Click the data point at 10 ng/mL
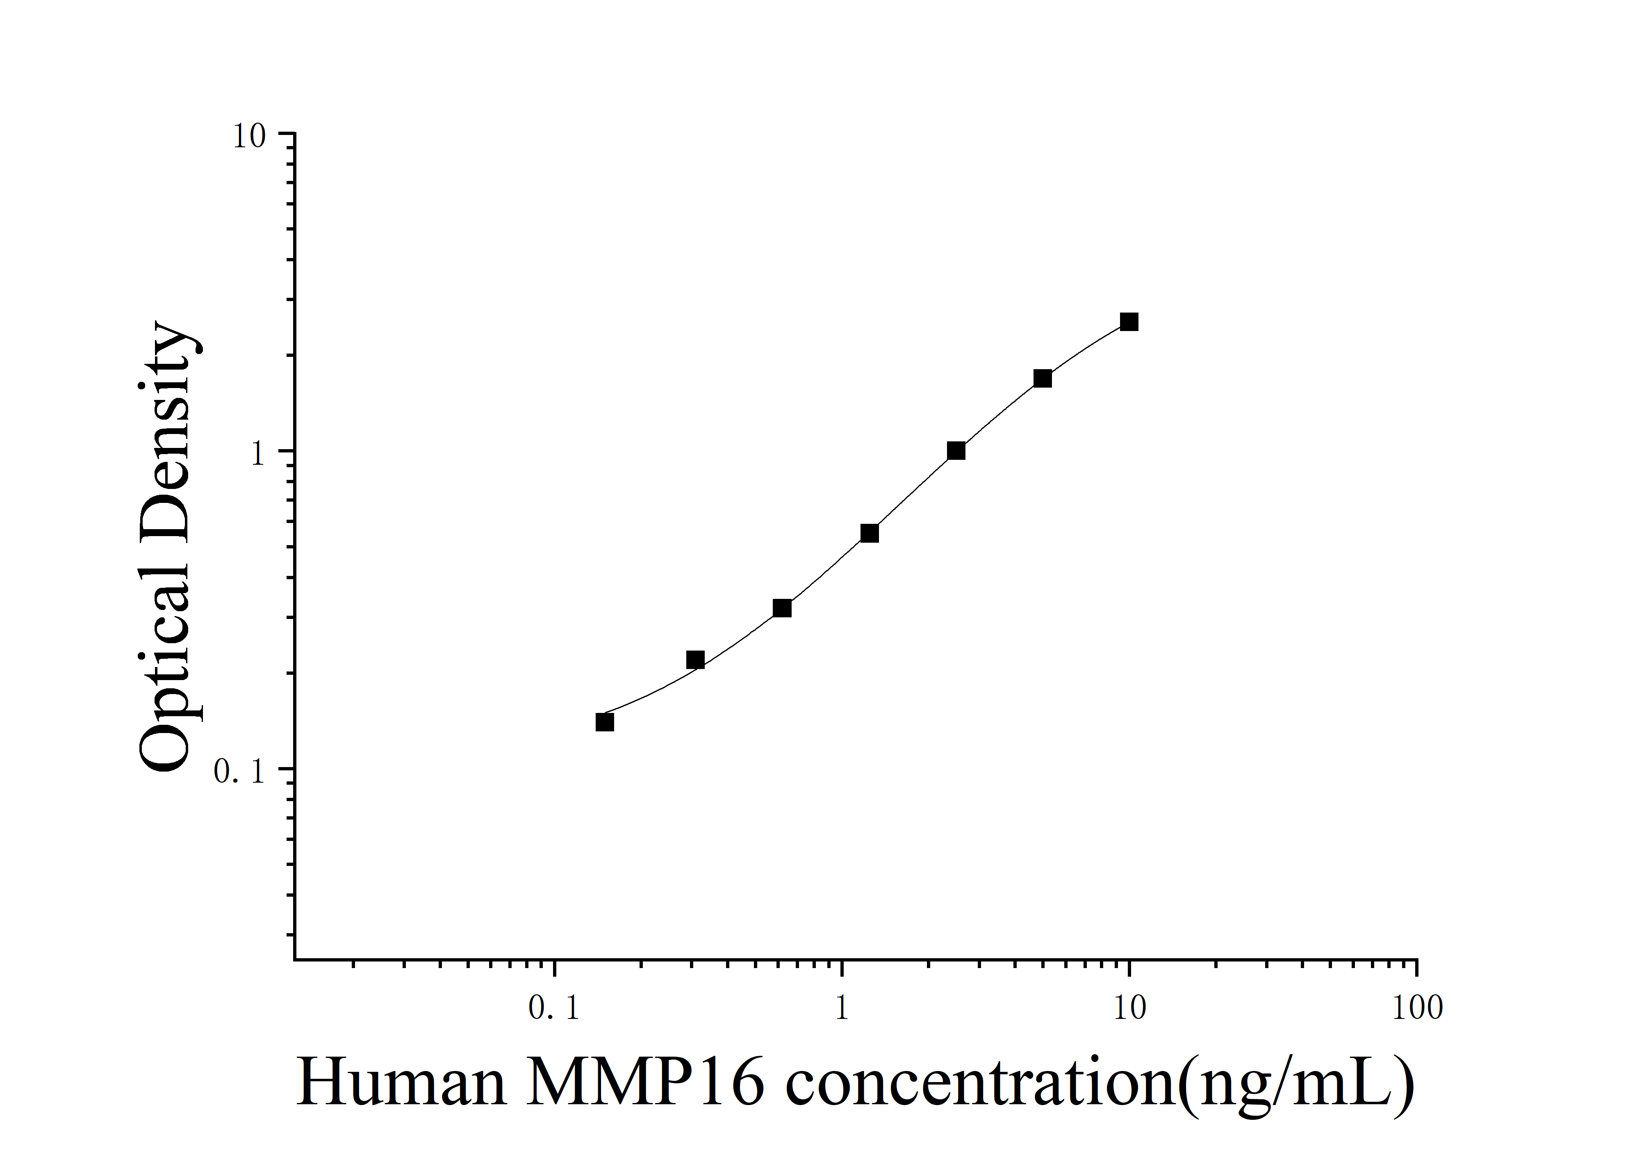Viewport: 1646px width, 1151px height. click(1129, 322)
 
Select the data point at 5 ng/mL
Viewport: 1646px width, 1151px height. click(1043, 379)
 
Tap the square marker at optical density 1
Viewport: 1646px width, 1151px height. click(956, 451)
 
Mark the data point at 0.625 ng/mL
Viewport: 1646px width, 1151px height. click(782, 609)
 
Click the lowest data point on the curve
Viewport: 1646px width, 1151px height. click(605, 722)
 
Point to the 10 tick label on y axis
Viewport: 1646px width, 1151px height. click(249, 136)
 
